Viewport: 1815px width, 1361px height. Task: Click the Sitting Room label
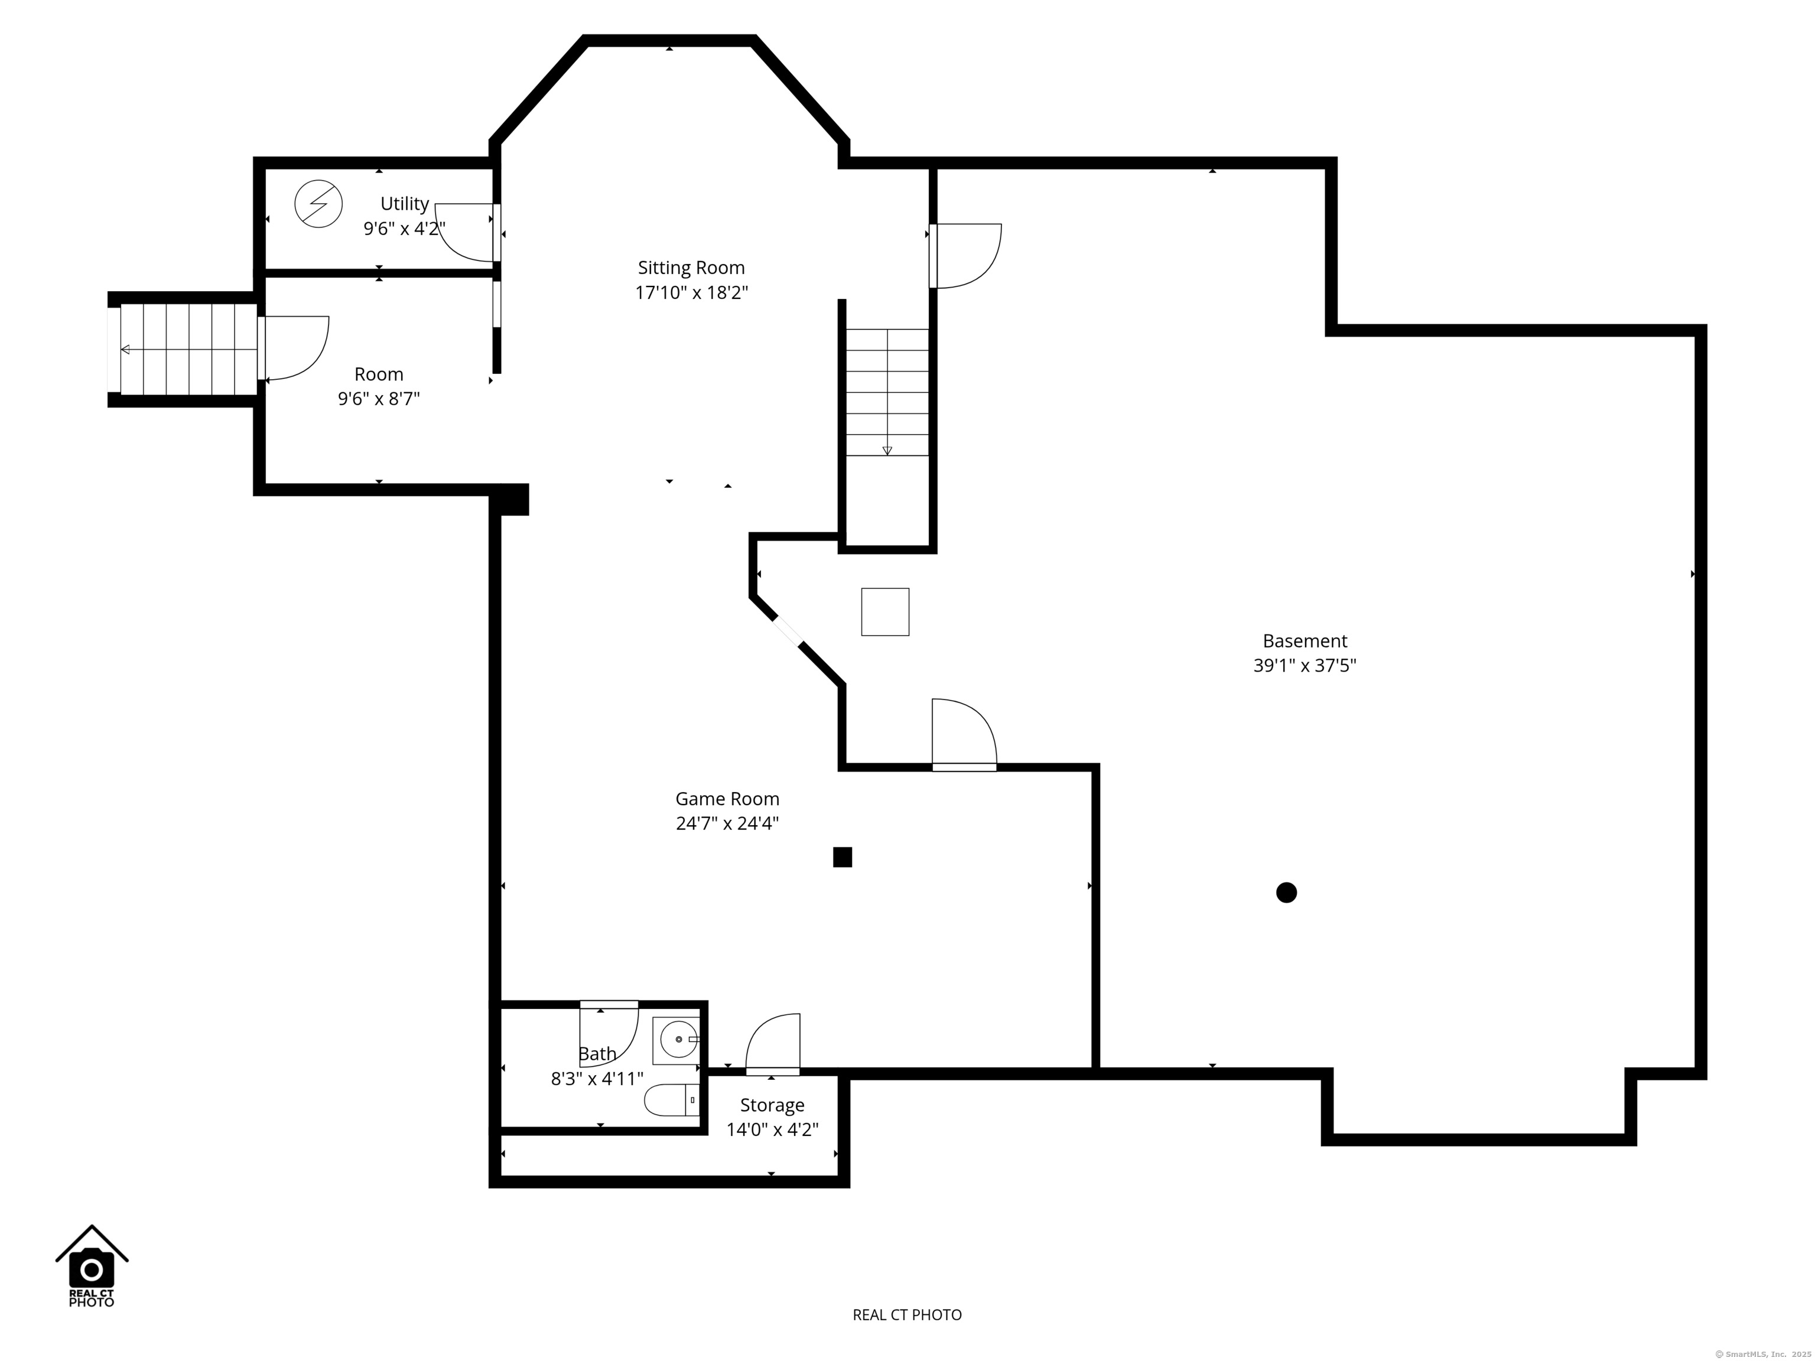691,268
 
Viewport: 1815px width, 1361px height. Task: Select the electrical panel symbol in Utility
318,203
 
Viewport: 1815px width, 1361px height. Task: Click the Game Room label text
727,798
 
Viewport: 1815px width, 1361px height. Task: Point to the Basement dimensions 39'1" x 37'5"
1304,665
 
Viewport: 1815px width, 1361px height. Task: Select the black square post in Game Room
842,857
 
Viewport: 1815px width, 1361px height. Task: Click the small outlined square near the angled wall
884,612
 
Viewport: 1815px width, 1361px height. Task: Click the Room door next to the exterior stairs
293,348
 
